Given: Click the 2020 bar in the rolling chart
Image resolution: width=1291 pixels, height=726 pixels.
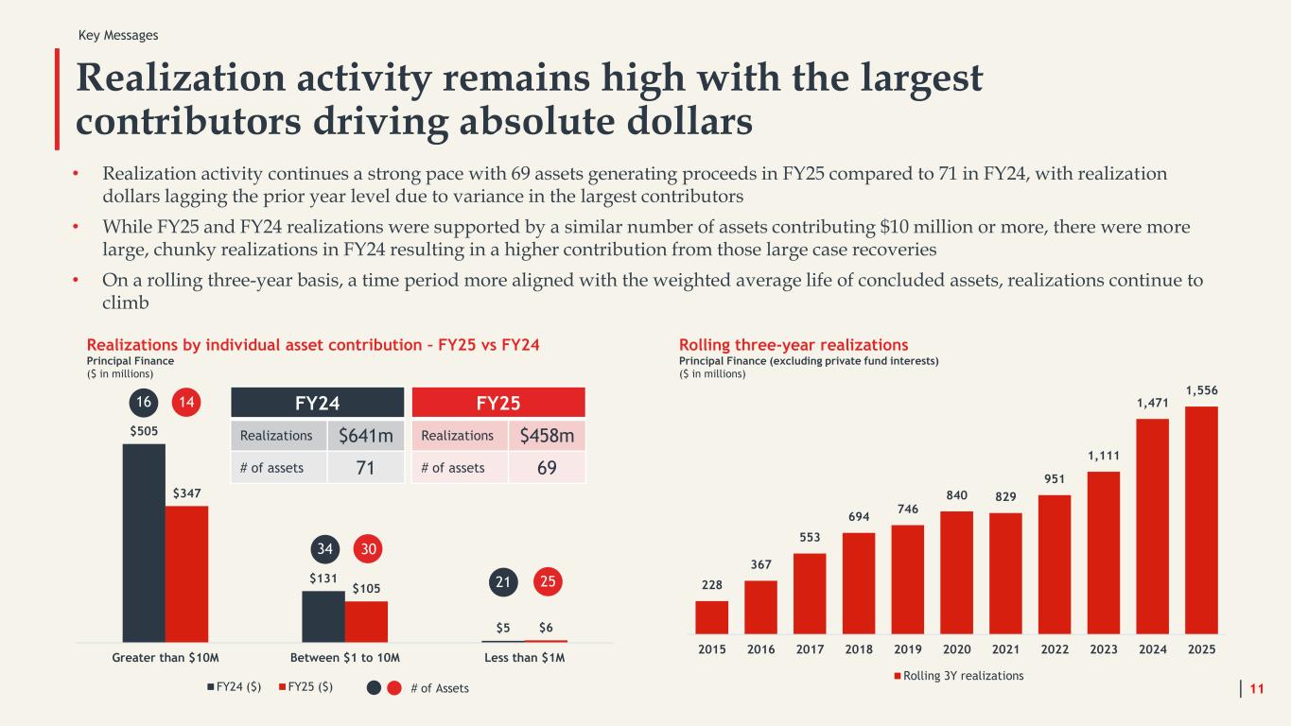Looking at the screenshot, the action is point(957,572).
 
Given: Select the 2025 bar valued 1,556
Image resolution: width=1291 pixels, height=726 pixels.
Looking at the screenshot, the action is point(1202,520).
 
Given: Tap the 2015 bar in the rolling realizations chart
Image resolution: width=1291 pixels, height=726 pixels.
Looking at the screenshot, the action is point(712,617).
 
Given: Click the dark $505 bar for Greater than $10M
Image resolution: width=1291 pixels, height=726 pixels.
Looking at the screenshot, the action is point(144,543).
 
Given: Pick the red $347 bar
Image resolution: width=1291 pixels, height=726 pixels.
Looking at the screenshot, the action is point(186,574).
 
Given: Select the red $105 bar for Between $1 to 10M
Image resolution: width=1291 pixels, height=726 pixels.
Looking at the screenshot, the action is point(367,622).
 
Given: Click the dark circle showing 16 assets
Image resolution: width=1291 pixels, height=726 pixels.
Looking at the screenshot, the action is point(144,402).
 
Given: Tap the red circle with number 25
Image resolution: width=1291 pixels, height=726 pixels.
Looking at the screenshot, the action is point(548,582).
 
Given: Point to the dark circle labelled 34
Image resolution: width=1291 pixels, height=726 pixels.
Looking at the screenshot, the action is point(325,549).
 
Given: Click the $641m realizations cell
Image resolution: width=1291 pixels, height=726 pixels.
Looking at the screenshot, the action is point(365,436).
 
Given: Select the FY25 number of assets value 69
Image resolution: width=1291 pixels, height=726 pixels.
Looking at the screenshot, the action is point(547,468).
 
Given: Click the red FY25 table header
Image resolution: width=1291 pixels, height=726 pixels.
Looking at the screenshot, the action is point(498,402).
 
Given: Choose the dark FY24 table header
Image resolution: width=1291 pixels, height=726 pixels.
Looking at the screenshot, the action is point(318,402).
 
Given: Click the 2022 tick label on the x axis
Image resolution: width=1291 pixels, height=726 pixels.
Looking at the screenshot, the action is point(1055,649).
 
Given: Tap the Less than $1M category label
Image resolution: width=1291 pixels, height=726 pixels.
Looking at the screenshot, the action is point(525,657).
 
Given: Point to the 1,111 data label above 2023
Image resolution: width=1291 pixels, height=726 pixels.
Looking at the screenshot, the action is point(1104,456).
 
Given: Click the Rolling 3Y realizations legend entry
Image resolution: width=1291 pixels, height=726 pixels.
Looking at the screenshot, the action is point(959,676).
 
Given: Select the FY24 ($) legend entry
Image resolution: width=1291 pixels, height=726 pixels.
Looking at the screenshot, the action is point(235,687).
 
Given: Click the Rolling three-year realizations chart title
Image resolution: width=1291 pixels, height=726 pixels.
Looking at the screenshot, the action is point(794,345).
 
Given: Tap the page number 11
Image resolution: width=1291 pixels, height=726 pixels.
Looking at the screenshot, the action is point(1257,688).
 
